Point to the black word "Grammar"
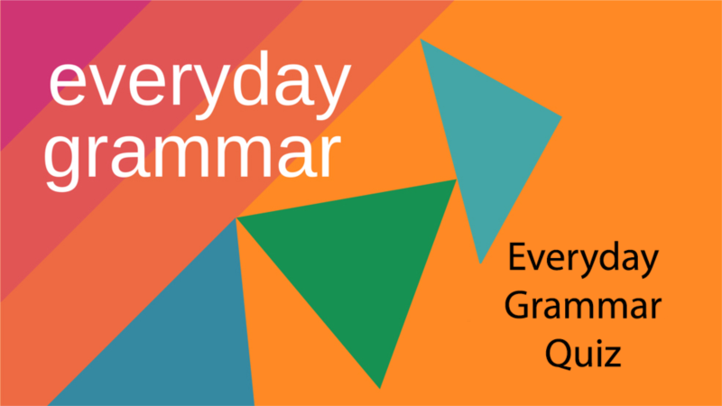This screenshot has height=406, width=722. (582, 307)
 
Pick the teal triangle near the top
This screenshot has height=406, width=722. (483, 135)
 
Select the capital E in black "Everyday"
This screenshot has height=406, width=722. (516, 261)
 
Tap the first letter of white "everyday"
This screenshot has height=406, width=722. (69, 86)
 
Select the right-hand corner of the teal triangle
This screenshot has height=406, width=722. (560, 118)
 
